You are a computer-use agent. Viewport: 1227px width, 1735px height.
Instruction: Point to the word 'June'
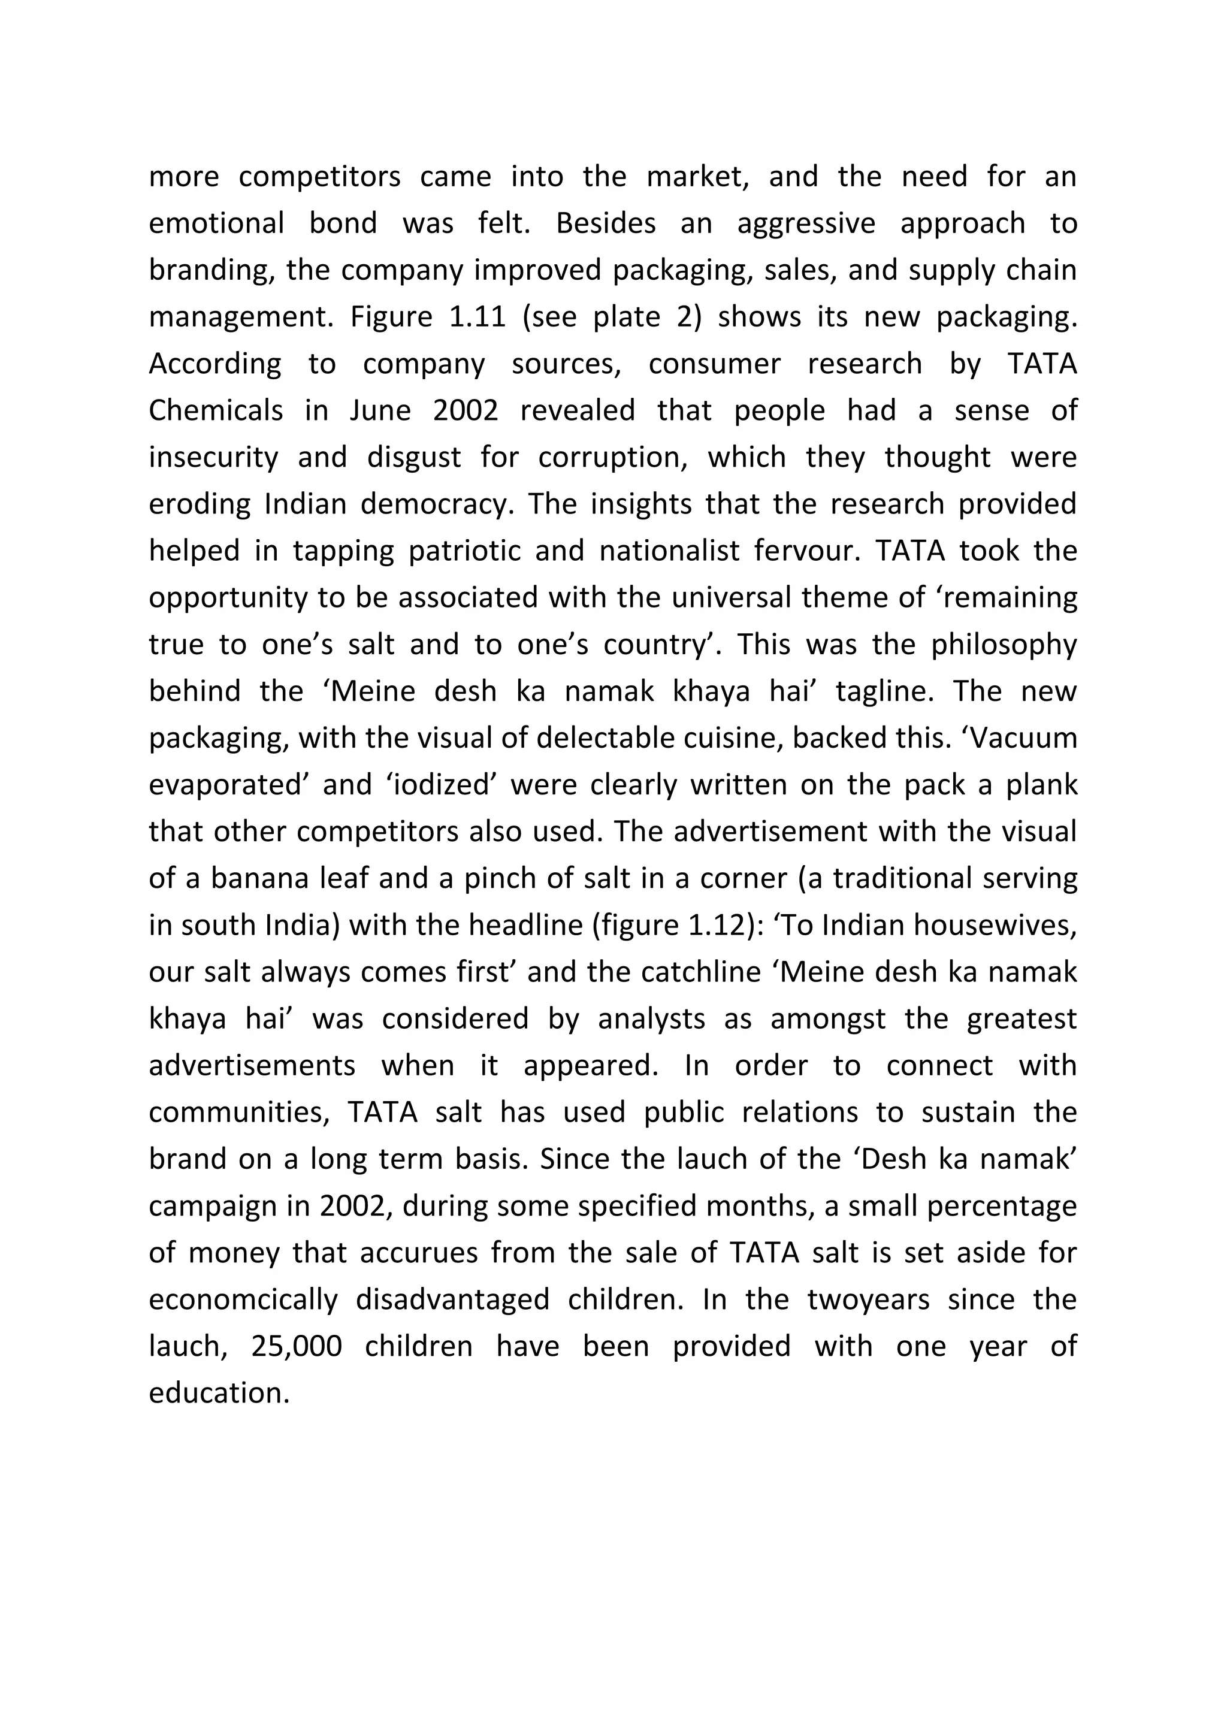[378, 410]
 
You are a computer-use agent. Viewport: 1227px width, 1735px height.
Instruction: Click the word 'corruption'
[611, 457]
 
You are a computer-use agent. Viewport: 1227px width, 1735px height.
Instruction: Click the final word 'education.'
[219, 1394]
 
